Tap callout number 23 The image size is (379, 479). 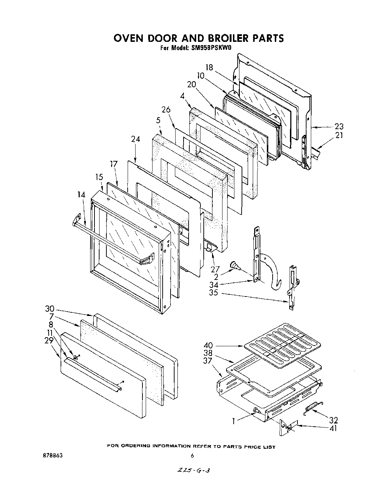click(339, 127)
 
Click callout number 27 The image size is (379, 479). click(215, 269)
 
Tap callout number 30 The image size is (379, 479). click(50, 309)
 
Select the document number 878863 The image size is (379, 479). click(52, 456)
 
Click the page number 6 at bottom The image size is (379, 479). click(192, 456)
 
